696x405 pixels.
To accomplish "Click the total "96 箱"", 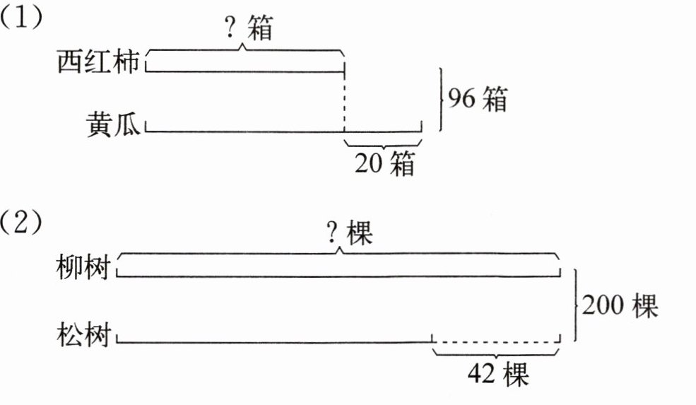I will [476, 100].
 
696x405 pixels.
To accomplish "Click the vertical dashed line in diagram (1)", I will [344, 102].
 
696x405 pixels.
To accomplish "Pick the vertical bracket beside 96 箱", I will [442, 100].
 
